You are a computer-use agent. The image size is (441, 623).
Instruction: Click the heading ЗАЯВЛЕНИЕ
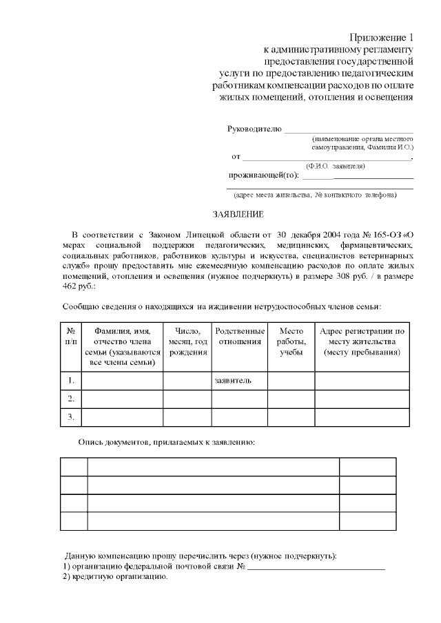[x=234, y=215]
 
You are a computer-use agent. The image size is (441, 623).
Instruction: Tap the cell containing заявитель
[x=234, y=380]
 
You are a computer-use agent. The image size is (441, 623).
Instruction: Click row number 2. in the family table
[x=71, y=399]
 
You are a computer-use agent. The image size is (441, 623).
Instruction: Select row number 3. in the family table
[x=71, y=417]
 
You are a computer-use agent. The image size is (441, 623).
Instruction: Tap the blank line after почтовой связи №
[x=316, y=567]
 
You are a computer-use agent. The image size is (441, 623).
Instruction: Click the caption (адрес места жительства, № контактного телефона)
[x=315, y=195]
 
